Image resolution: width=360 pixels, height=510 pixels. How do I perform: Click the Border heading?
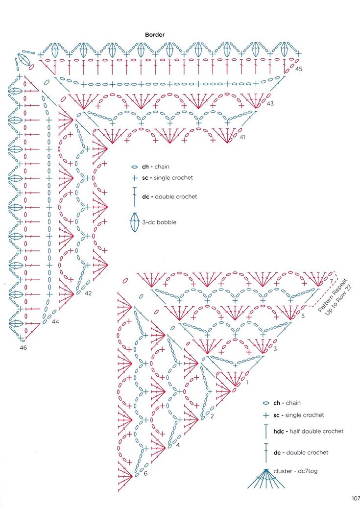155,35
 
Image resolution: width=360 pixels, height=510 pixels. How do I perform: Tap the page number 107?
355,499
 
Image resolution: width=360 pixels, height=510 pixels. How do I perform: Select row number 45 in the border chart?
299,69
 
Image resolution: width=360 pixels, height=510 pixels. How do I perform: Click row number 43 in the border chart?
270,104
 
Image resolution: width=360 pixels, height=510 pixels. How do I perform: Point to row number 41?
242,137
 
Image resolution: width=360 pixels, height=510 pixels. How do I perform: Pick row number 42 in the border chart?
88,293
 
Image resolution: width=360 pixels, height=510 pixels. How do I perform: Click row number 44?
55,322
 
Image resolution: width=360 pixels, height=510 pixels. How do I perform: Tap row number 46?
23,348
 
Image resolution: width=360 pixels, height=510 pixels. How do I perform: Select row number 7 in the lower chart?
332,281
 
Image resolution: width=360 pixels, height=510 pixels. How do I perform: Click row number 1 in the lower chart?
247,382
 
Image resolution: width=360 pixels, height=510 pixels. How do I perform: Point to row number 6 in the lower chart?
145,473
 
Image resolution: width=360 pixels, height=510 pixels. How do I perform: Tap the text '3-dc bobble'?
159,222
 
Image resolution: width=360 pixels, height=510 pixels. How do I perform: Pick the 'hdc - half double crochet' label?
308,431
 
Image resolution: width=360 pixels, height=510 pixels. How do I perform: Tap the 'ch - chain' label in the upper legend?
156,167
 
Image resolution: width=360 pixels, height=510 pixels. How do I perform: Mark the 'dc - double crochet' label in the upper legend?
169,196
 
